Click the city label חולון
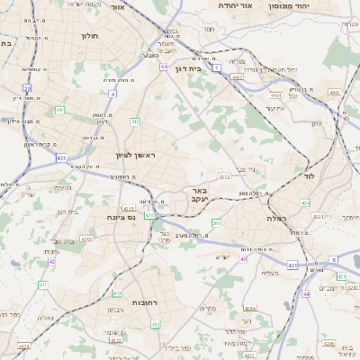coord(89,37)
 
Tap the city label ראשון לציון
coord(136,156)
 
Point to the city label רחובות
coord(144,302)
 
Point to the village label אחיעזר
coord(275,108)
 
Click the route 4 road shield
coord(112,93)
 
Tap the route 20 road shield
coord(28,88)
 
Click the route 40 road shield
coord(243,258)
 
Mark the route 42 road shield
coord(51,260)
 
